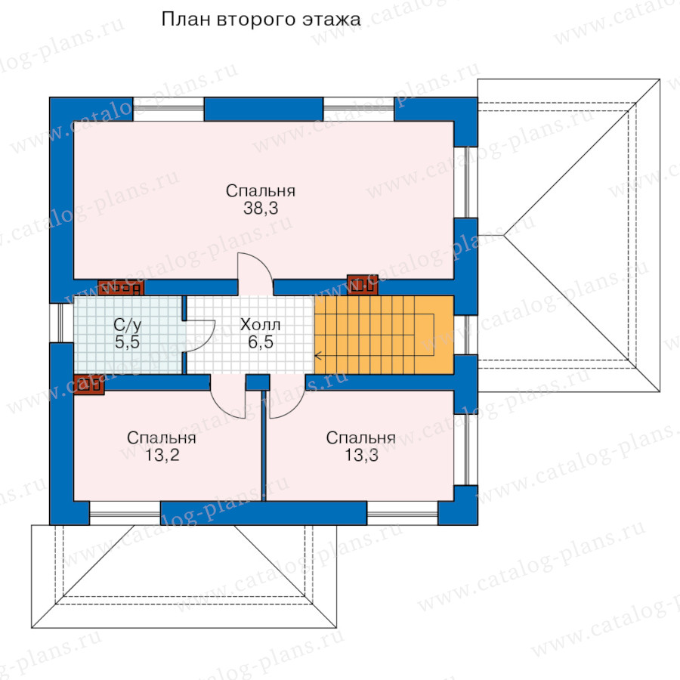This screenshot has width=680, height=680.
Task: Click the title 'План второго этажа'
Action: pos(261,20)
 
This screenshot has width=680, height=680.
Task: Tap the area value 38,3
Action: pos(261,209)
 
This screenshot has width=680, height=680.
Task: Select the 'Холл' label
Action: pos(260,324)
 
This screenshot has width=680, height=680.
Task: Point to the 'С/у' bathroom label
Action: pos(128,325)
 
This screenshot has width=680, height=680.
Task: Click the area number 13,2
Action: pos(162,456)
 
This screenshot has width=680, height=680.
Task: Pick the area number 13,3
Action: pos(361,456)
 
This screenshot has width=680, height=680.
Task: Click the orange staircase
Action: pos(384,335)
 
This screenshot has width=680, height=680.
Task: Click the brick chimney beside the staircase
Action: pos(363,285)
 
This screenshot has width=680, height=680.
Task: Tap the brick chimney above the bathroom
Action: pos(121,288)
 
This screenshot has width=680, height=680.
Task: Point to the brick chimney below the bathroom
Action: pos(89,385)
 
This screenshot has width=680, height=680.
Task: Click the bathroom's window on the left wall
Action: pos(61,323)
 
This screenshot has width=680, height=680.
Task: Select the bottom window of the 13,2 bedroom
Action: pos(125,514)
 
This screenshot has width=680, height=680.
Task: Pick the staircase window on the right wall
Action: pos(465,335)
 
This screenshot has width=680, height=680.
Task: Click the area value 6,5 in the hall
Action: pos(261,342)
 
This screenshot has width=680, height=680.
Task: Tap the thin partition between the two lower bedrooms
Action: pos(264,447)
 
